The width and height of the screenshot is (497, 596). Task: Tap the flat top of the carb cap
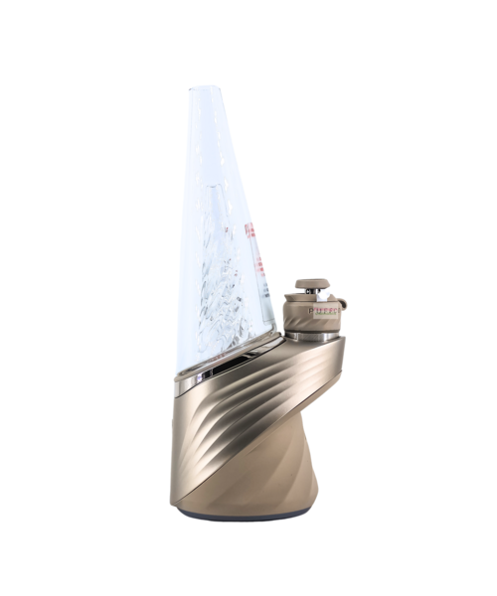pyautogui.click(x=311, y=284)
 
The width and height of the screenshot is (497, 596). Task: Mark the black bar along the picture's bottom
pyautogui.click(x=248, y=571)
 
